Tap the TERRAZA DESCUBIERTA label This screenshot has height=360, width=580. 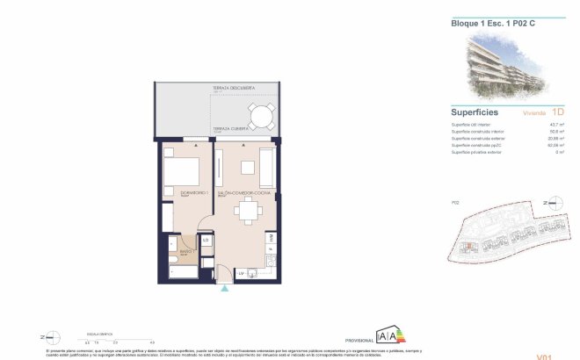click(x=233, y=89)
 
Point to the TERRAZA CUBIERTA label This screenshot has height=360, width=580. click(x=227, y=128)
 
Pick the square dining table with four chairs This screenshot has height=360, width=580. click(x=251, y=210)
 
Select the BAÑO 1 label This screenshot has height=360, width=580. click(x=185, y=252)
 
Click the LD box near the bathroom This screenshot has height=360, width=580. click(x=206, y=241)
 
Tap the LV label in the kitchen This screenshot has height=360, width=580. click(x=240, y=273)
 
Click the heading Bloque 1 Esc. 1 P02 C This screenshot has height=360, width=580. click(x=489, y=23)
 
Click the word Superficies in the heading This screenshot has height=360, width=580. click(x=475, y=112)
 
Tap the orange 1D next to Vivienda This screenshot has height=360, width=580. click(x=558, y=112)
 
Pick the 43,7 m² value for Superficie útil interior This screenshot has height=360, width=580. click(x=557, y=125)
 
